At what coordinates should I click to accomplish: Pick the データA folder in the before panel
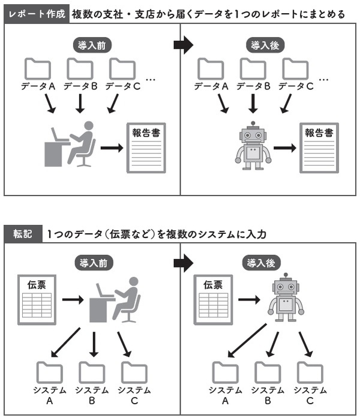click(x=38, y=68)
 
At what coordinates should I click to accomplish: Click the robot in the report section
click(x=255, y=146)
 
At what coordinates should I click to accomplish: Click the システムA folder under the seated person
click(x=49, y=373)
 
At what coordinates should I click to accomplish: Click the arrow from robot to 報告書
click(x=286, y=147)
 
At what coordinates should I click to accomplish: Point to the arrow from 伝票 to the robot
click(x=248, y=299)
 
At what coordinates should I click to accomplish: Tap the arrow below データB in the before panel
click(x=80, y=103)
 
